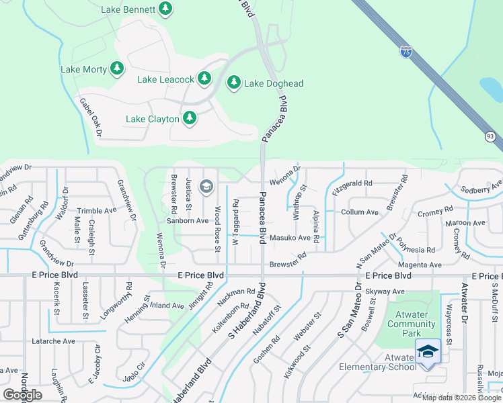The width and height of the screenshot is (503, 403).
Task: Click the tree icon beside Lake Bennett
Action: point(165,9)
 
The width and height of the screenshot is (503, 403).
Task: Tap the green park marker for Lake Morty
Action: point(117,69)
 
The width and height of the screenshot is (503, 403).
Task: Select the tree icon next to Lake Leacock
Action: point(204,79)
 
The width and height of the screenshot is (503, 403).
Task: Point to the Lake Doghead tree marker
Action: point(234,83)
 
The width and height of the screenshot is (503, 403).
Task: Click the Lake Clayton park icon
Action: point(190,118)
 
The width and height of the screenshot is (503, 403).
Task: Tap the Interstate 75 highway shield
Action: point(405,51)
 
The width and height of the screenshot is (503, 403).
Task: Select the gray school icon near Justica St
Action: point(206,186)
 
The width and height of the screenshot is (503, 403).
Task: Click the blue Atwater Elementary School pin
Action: point(428,353)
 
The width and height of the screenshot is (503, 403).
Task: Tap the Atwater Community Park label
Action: point(412,324)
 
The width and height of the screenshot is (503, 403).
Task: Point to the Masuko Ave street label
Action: point(290,238)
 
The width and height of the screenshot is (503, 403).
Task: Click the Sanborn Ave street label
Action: point(188,220)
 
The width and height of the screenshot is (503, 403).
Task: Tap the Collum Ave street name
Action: point(360,212)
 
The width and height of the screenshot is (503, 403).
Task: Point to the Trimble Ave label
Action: point(96,210)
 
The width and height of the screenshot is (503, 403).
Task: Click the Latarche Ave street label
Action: point(53,341)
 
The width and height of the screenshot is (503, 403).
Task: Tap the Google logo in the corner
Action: point(22,395)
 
